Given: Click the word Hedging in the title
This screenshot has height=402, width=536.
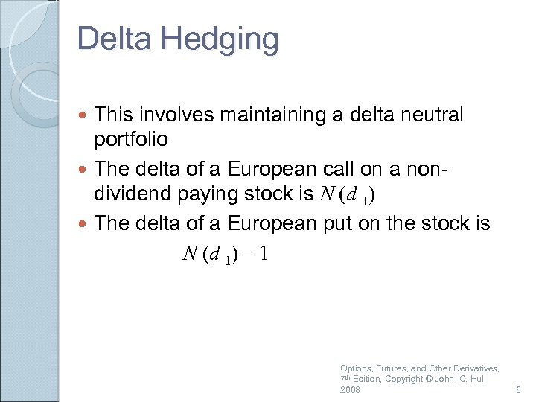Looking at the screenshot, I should click(x=223, y=39).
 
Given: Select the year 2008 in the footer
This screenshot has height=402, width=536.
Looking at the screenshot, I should click(x=350, y=390).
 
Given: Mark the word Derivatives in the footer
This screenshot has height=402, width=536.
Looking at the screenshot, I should click(x=477, y=368).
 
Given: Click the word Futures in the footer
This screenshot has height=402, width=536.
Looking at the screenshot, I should click(x=390, y=368).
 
